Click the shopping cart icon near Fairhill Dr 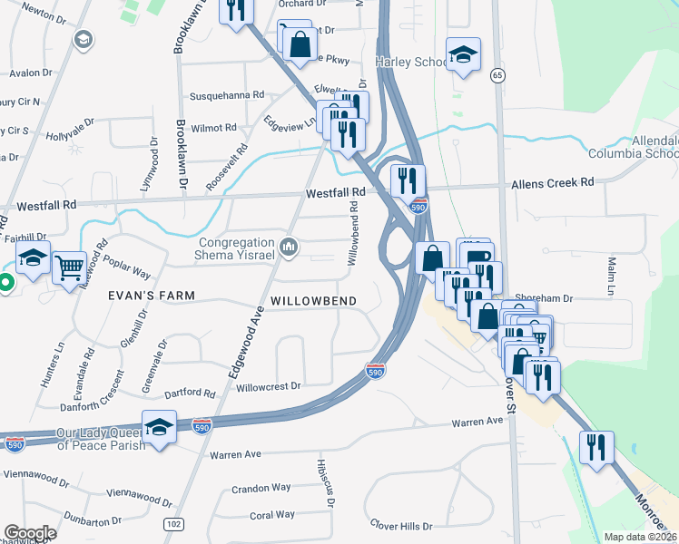[x=69, y=268]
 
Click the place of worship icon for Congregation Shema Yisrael [x=290, y=247]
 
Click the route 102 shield [x=174, y=524]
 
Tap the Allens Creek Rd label [x=552, y=183]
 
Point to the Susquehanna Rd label [x=226, y=95]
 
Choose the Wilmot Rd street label [x=213, y=128]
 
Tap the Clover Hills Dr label [x=401, y=525]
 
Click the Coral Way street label [x=272, y=514]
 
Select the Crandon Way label [x=261, y=487]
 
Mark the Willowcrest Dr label [x=268, y=386]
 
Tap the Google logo [x=30, y=533]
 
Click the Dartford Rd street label [x=191, y=393]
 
